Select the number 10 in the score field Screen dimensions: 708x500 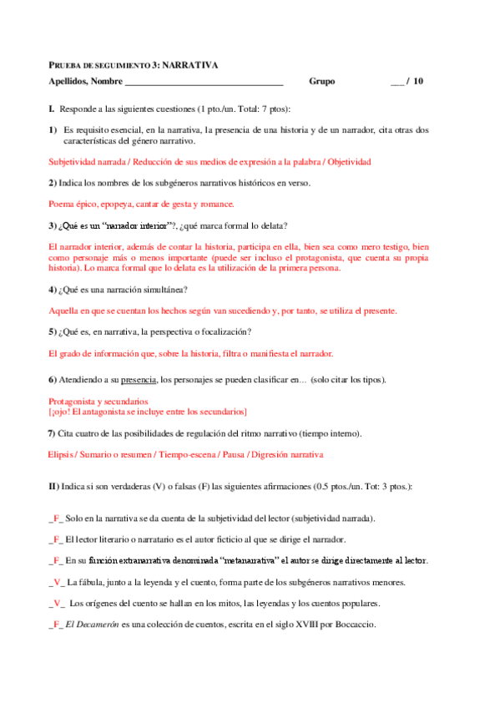pyautogui.click(x=418, y=82)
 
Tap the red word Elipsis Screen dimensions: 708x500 pyautogui.click(x=63, y=454)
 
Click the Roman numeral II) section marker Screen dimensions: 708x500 pyautogui.click(x=53, y=486)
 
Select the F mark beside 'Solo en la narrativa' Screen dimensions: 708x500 pyautogui.click(x=56, y=518)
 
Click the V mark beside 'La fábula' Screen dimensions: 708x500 pyautogui.click(x=56, y=582)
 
